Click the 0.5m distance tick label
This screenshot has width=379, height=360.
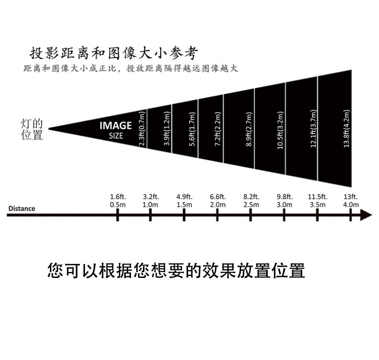pyautogui.click(x=118, y=204)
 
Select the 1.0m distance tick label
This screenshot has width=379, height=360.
pyautogui.click(x=151, y=204)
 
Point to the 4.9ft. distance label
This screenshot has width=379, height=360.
pyautogui.click(x=184, y=197)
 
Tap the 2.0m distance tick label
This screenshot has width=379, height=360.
pyautogui.click(x=218, y=204)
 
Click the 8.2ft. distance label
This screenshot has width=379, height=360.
pyautogui.click(x=251, y=197)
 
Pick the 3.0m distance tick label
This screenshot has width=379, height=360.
pyautogui.click(x=284, y=204)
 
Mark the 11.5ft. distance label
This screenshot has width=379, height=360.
pyautogui.click(x=318, y=197)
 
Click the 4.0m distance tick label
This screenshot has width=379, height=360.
pyautogui.click(x=351, y=204)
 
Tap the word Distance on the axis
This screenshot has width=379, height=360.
pyautogui.click(x=22, y=208)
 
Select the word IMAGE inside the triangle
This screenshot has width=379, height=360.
pyautogui.click(x=115, y=126)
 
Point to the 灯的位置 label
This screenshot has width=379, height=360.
pyautogui.click(x=32, y=130)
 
